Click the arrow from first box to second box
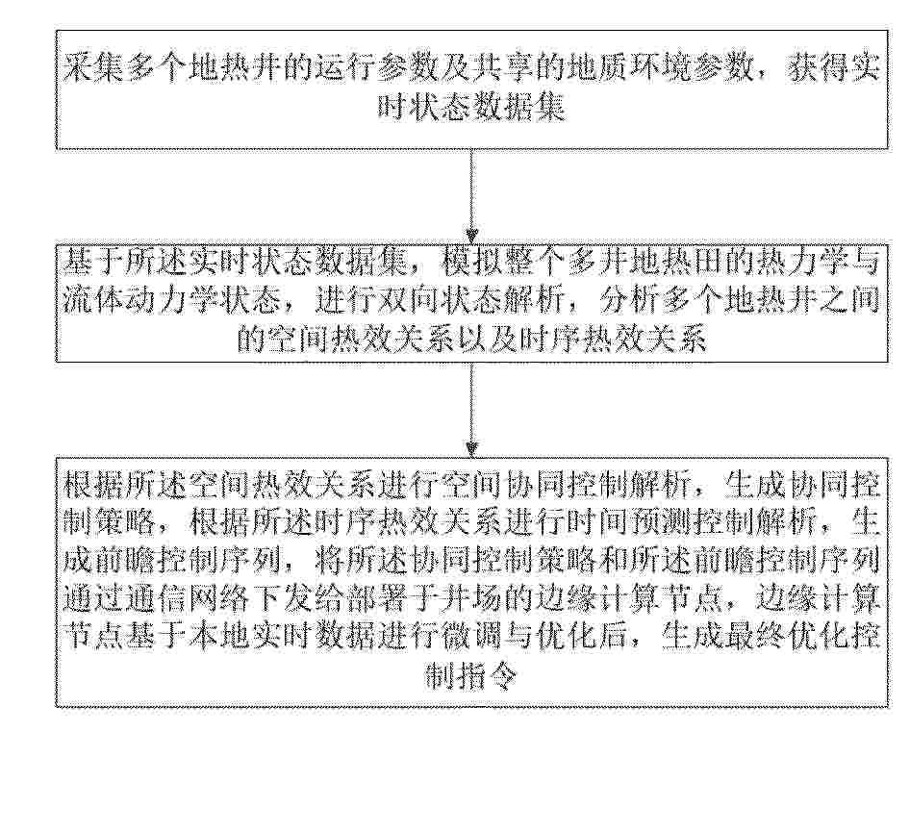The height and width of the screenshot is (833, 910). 471,196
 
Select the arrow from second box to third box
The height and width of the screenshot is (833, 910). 471,410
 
